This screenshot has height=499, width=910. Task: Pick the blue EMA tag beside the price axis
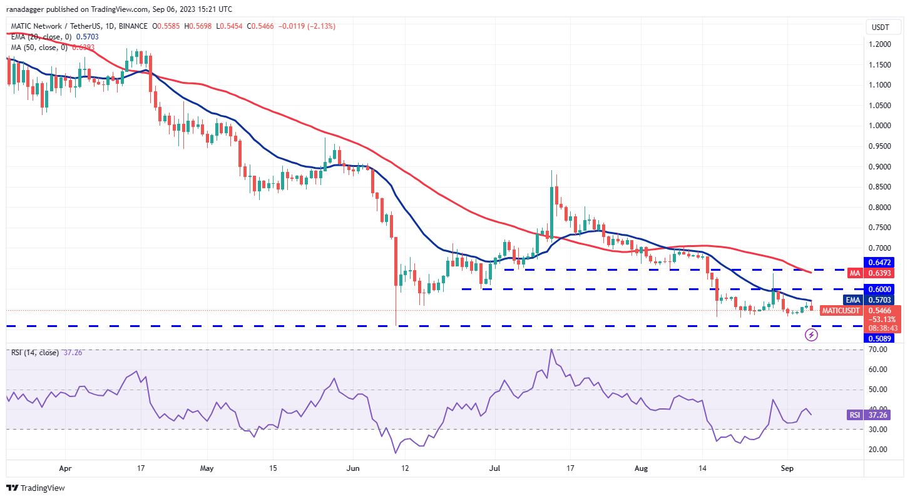pos(852,300)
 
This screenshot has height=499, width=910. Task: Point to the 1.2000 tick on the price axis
pos(881,44)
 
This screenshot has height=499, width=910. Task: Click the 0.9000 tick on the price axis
pos(881,167)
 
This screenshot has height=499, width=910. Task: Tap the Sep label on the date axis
pos(788,467)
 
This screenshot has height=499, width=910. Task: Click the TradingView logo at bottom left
pos(36,488)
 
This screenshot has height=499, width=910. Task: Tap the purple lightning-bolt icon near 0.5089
pos(811,335)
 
